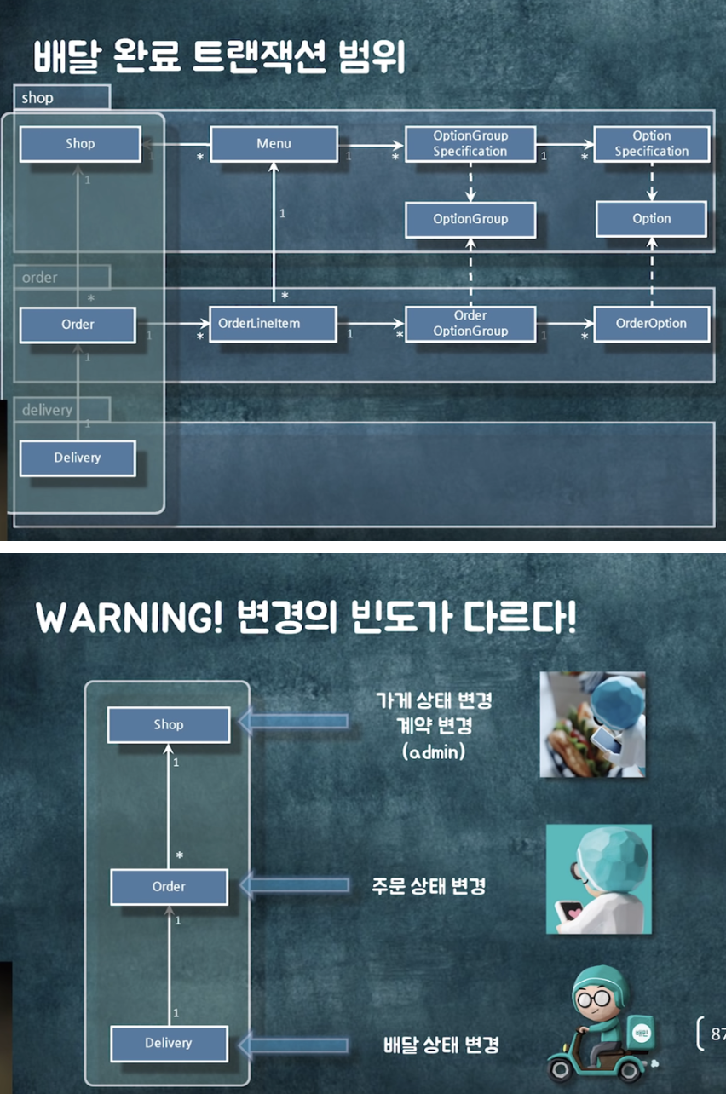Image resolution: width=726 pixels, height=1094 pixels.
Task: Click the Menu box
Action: tap(274, 144)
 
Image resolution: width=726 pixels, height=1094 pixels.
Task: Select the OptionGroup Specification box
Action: tap(470, 144)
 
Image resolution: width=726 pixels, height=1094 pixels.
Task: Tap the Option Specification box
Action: tap(652, 144)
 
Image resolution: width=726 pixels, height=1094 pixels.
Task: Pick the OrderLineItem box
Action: tap(272, 324)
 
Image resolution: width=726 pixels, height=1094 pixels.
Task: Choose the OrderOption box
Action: tap(651, 324)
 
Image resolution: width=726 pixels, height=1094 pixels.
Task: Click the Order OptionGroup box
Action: tap(470, 324)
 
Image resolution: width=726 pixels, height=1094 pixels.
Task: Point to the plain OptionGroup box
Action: tap(470, 219)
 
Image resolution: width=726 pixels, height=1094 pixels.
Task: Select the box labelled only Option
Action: tap(652, 219)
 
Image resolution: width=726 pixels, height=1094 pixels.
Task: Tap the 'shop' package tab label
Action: tap(37, 98)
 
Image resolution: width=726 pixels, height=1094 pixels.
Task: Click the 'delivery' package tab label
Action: tap(48, 410)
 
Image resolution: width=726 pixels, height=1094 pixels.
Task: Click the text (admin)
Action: tap(433, 752)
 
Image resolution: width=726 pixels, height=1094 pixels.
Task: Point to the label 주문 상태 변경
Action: tap(429, 886)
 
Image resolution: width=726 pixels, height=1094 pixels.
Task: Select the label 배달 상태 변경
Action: tap(441, 1045)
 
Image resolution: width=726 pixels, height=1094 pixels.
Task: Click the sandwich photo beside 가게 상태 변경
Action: tap(593, 724)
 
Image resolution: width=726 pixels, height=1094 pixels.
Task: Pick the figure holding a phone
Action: tap(598, 878)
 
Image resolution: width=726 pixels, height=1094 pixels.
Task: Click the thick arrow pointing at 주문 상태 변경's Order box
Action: tap(294, 886)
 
